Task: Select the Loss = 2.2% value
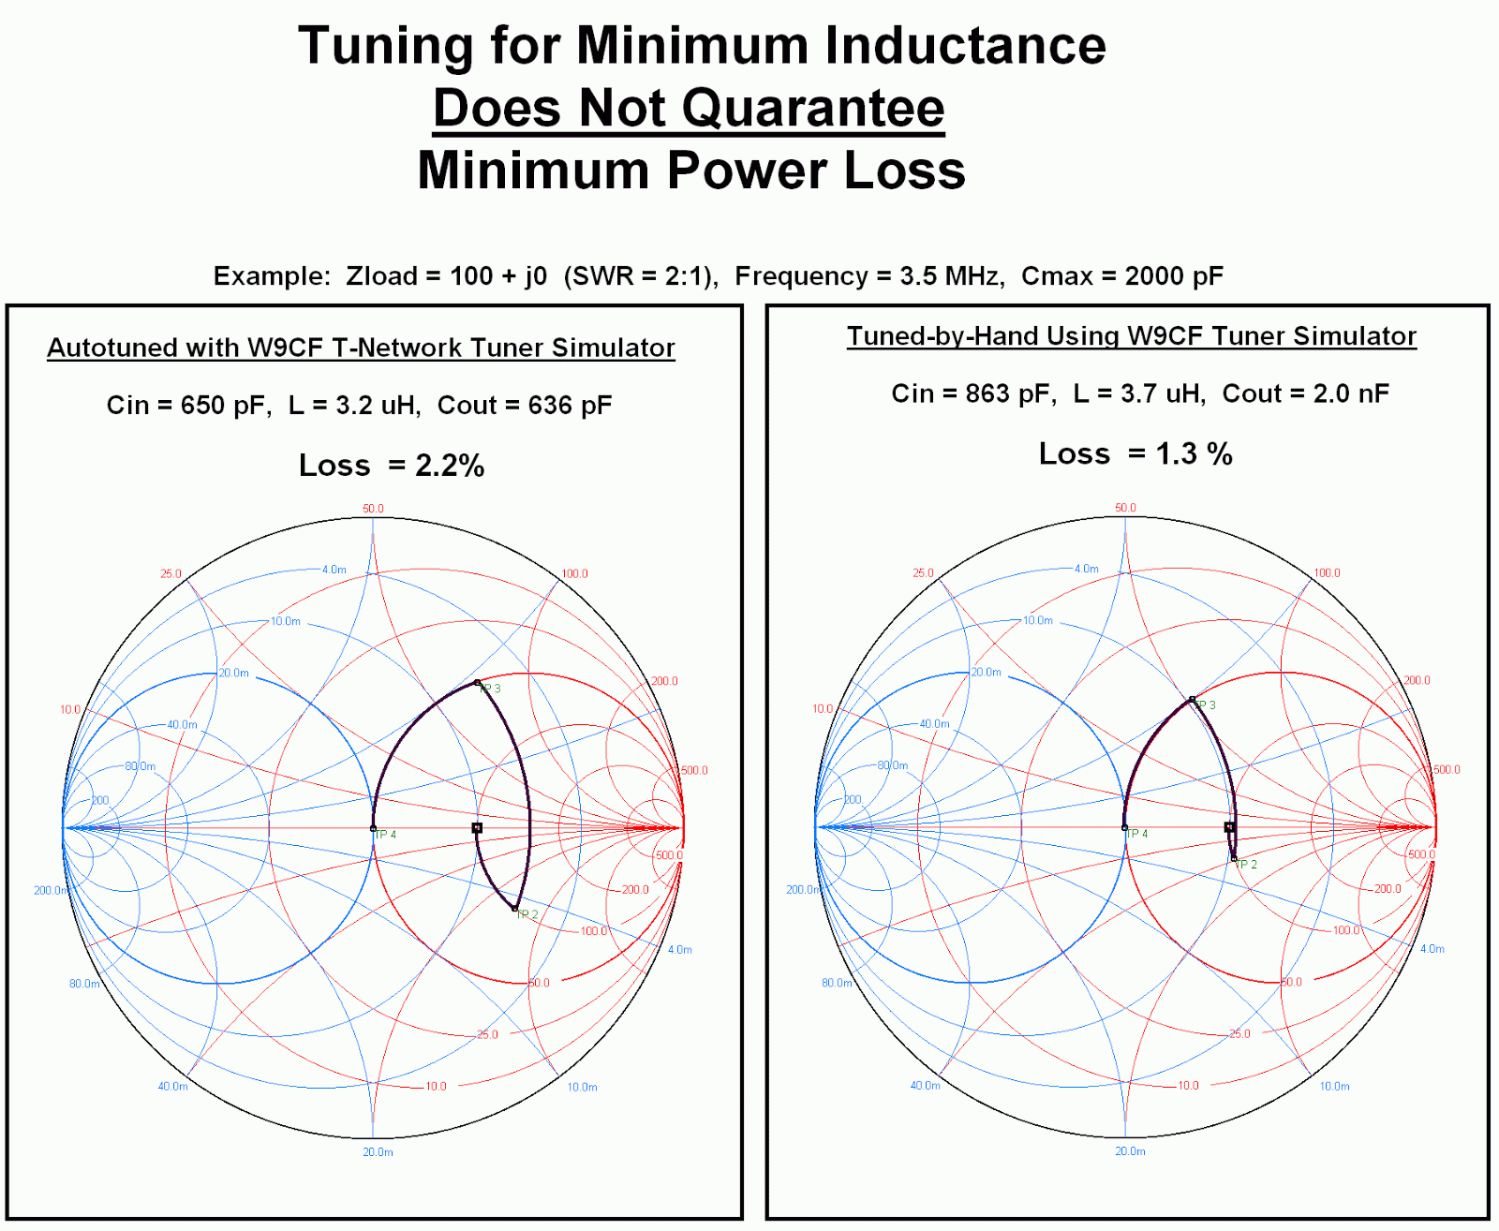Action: pos(449,466)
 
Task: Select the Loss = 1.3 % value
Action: pos(1194,454)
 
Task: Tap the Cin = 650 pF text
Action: pos(188,406)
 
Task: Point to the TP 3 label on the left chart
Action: pos(491,689)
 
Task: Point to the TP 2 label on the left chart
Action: pos(528,914)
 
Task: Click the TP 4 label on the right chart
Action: pos(1137,834)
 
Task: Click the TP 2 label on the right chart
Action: pos(1247,865)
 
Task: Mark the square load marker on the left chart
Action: pos(477,828)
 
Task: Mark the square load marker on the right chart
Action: pos(1229,827)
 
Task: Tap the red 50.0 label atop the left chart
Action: pos(373,509)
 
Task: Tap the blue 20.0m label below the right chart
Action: pos(1130,1151)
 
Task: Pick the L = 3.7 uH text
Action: pos(1139,393)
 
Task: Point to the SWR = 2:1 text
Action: pos(641,276)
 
